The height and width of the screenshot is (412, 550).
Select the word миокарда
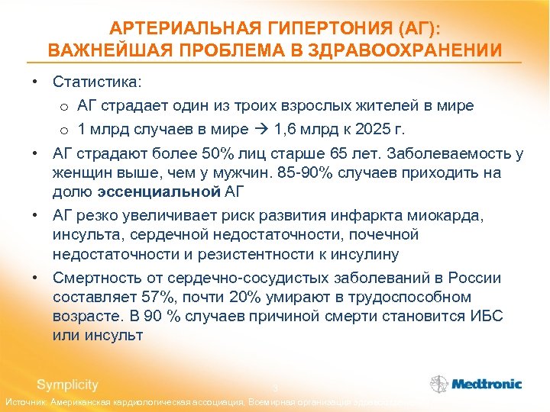click(x=451, y=216)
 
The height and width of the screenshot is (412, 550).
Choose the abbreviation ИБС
click(x=486, y=315)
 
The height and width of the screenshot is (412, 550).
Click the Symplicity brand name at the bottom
click(x=67, y=385)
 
